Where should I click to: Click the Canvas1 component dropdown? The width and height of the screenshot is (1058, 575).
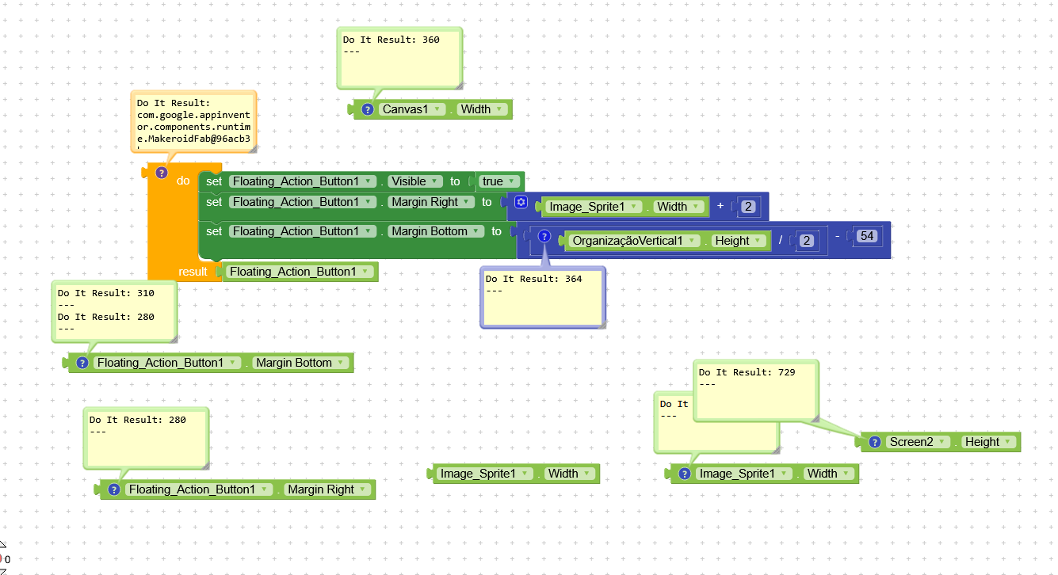click(x=410, y=109)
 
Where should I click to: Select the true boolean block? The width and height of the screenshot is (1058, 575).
click(x=498, y=181)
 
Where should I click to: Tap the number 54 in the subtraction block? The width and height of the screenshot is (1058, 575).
click(x=866, y=236)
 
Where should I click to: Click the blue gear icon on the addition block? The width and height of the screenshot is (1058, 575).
click(x=521, y=202)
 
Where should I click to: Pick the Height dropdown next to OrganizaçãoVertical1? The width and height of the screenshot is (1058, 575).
click(x=738, y=241)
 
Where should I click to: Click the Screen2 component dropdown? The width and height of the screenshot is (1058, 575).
click(x=917, y=442)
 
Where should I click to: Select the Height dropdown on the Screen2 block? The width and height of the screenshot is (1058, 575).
click(x=987, y=442)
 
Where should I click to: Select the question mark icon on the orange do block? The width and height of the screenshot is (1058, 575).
click(x=162, y=173)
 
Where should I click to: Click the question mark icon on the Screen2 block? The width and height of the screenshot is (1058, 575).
click(x=875, y=442)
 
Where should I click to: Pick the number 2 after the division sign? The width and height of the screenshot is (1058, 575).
click(x=806, y=241)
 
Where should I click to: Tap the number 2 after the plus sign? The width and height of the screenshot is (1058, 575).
click(x=747, y=207)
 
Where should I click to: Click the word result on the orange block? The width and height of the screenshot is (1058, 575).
click(x=193, y=272)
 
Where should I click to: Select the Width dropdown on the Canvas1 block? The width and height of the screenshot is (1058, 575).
click(x=482, y=109)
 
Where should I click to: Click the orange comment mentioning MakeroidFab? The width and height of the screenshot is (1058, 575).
click(x=193, y=120)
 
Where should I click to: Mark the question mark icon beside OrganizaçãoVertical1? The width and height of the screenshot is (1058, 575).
click(x=544, y=236)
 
